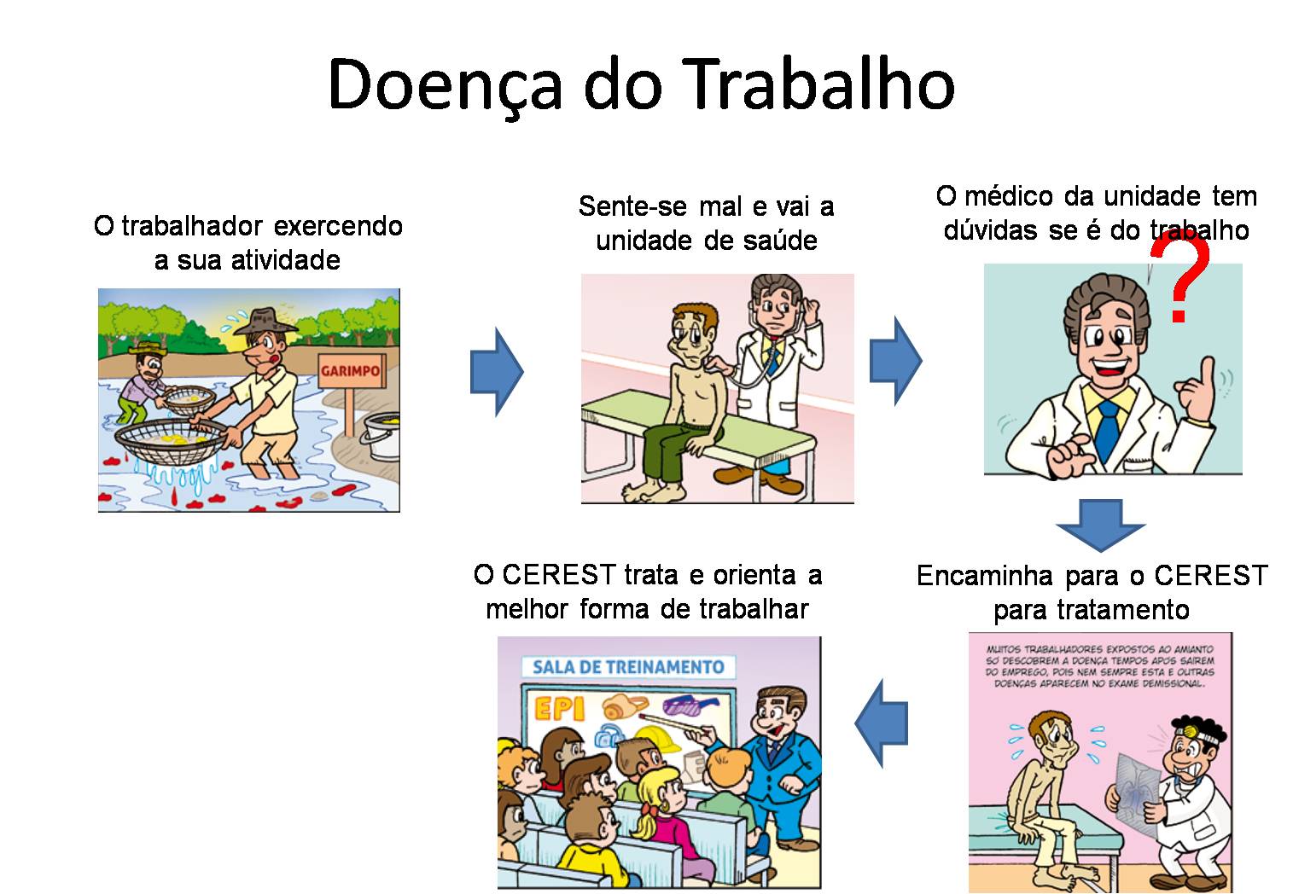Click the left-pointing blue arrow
pyautogui.click(x=882, y=723)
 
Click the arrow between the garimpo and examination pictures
pyautogui.click(x=496, y=372)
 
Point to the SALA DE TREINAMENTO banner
pyautogui.click(x=628, y=667)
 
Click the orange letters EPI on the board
pyautogui.click(x=559, y=708)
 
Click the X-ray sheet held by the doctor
pyautogui.click(x=1142, y=792)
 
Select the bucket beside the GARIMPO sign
pyautogui.click(x=381, y=435)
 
